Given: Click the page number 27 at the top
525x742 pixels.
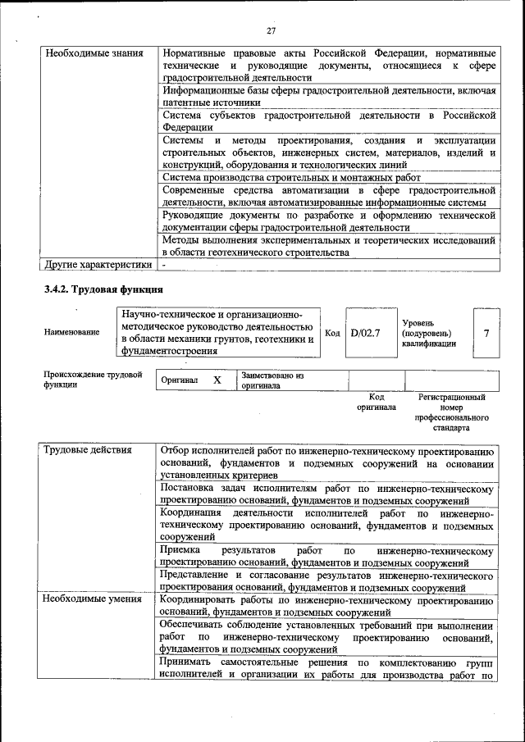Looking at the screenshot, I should (270, 30).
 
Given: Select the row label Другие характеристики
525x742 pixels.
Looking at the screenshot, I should (98, 265).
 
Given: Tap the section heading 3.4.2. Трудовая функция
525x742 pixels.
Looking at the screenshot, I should (103, 289).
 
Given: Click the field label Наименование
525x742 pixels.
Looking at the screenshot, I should (72, 332).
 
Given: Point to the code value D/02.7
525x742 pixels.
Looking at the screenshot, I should (365, 333).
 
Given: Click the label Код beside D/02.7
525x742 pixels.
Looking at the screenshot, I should (332, 333).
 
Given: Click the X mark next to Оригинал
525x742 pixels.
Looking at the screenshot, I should (217, 380).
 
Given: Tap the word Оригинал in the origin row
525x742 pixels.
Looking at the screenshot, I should (180, 380).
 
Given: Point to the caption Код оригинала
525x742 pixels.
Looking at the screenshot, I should (377, 402).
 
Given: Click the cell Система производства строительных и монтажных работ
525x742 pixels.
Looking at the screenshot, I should (291, 177).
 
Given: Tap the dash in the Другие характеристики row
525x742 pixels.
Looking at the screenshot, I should (164, 265).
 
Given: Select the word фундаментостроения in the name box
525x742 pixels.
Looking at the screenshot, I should (169, 352).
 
